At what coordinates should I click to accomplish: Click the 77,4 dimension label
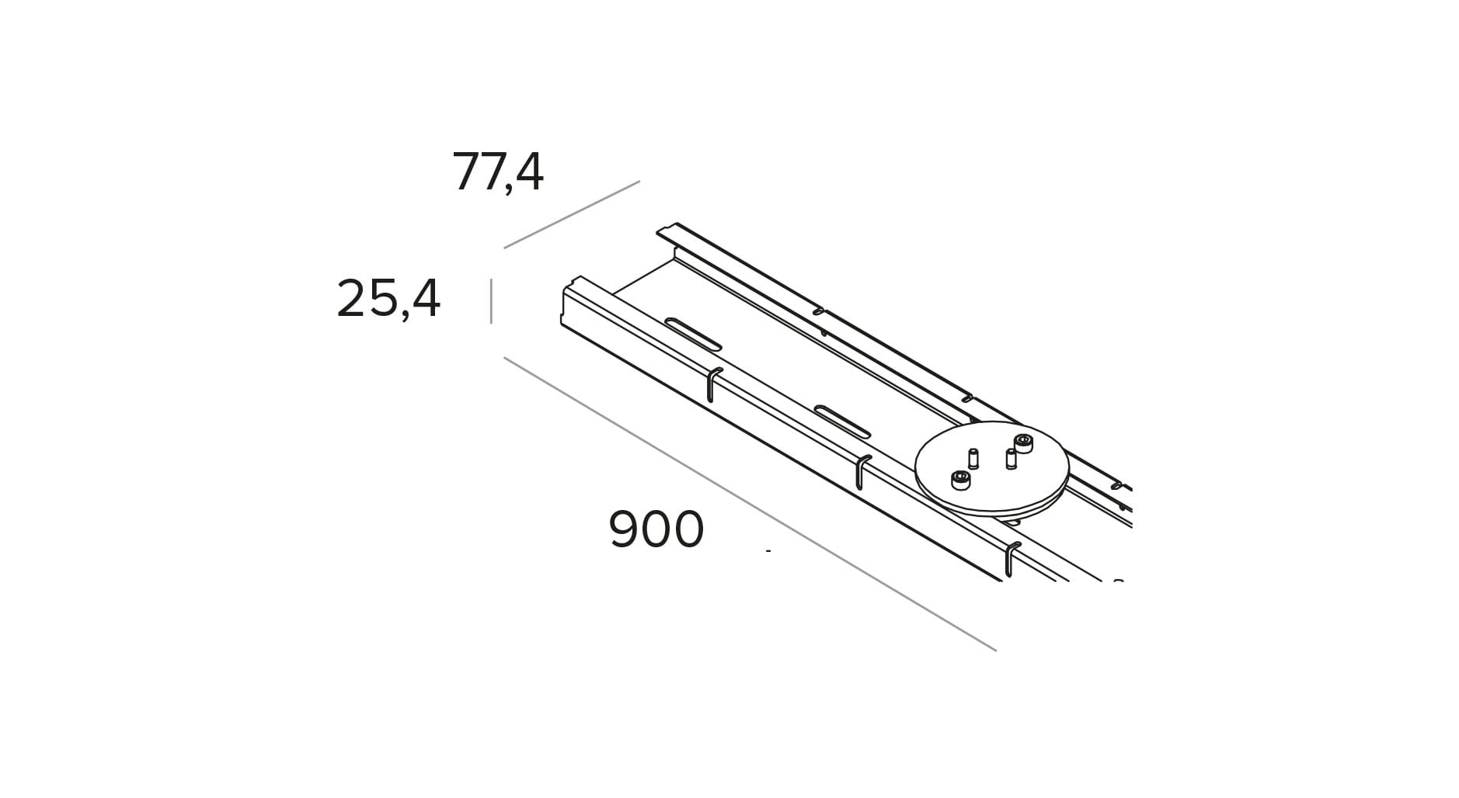pos(497,172)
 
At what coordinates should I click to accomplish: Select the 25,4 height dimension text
pos(388,298)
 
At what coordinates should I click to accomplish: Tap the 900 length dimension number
pos(656,530)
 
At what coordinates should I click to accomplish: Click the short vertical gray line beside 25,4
pos(491,301)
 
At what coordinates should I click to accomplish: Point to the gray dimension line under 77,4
pos(571,215)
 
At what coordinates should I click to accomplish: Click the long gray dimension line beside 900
pos(750,504)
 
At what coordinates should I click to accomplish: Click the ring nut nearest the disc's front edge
pos(961,480)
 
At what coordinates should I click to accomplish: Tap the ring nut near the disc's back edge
pos(1024,443)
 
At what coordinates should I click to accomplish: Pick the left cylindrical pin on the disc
pos(973,458)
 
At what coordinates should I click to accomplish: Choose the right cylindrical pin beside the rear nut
pos(1011,459)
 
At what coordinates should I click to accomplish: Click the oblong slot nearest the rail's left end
pos(693,334)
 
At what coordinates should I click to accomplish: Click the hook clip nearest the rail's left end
pos(712,384)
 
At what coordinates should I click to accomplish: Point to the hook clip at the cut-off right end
pos(1010,559)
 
